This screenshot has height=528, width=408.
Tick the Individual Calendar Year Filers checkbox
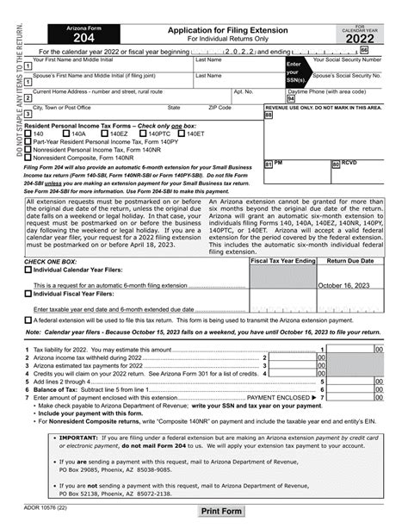[28, 269]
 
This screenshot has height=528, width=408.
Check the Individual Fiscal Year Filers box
[28, 293]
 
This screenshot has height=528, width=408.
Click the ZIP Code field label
[219, 108]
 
